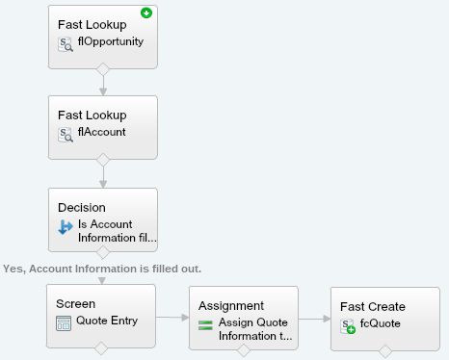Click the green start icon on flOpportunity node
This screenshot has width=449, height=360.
coord(146,13)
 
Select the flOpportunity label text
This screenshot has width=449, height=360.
coord(111,42)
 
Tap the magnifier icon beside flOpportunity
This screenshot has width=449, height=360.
coord(66,43)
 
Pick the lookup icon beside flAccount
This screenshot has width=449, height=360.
coord(66,134)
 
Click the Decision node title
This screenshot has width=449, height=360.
coord(81,206)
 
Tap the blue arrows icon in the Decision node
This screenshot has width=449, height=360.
coord(66,227)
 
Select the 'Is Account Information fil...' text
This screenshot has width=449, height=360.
coord(117,230)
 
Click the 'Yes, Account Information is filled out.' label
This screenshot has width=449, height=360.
coord(102,268)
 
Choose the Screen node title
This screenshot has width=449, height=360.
coord(75,303)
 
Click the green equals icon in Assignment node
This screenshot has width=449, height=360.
coord(205,323)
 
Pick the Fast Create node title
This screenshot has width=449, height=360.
coord(373,306)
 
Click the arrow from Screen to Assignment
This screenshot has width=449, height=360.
coord(172,317)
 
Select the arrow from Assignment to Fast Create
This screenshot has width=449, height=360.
coord(312,317)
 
